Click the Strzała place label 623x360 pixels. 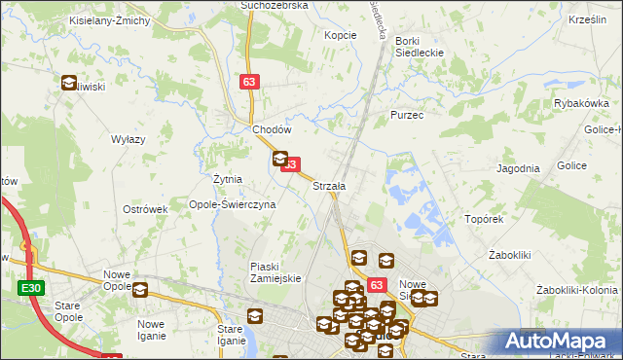[x=329, y=185]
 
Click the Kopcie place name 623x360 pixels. [x=341, y=35]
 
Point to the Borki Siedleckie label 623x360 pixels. [x=419, y=48]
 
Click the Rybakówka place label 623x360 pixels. [x=581, y=103]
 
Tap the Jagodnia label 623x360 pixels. [x=518, y=168]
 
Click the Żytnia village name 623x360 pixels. [x=227, y=180]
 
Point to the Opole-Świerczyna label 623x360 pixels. [x=233, y=205]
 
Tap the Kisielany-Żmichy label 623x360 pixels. [x=108, y=20]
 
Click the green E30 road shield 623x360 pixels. [x=29, y=288]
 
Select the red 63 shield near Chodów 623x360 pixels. [x=250, y=84]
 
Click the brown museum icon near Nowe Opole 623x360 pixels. [x=140, y=290]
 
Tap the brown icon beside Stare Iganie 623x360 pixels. [x=255, y=316]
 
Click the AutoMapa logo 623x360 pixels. [x=559, y=342]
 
